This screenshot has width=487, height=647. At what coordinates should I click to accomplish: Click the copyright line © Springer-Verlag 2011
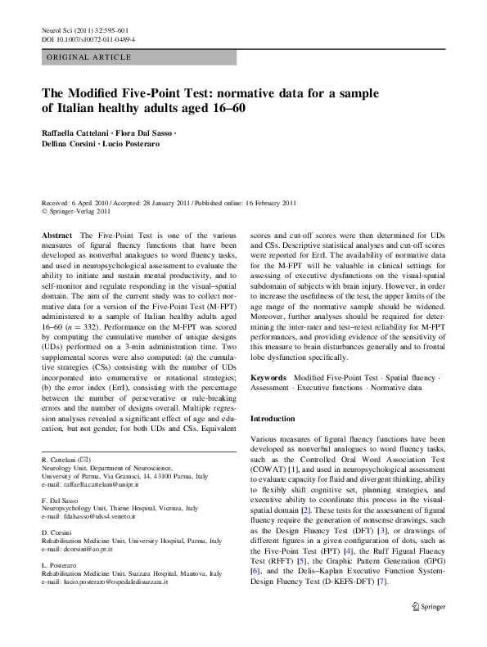[x=78, y=212]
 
